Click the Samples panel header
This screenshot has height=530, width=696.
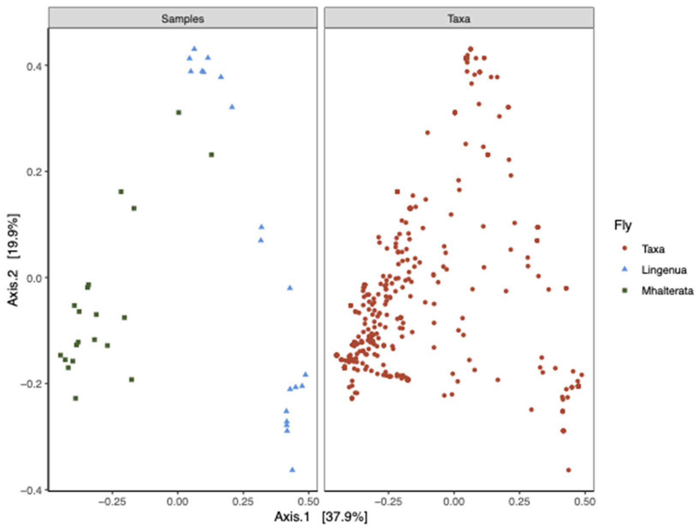(x=183, y=19)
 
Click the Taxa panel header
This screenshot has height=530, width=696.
(x=459, y=19)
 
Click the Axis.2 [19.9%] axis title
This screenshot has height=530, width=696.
(x=13, y=260)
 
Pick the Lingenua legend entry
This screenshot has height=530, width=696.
(x=664, y=270)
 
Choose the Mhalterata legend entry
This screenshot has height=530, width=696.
(x=667, y=291)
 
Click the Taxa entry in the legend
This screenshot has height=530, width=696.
(x=653, y=249)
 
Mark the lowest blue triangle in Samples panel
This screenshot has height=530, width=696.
(x=292, y=470)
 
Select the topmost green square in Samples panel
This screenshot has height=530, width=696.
(x=179, y=113)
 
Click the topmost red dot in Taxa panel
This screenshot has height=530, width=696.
(x=470, y=49)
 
